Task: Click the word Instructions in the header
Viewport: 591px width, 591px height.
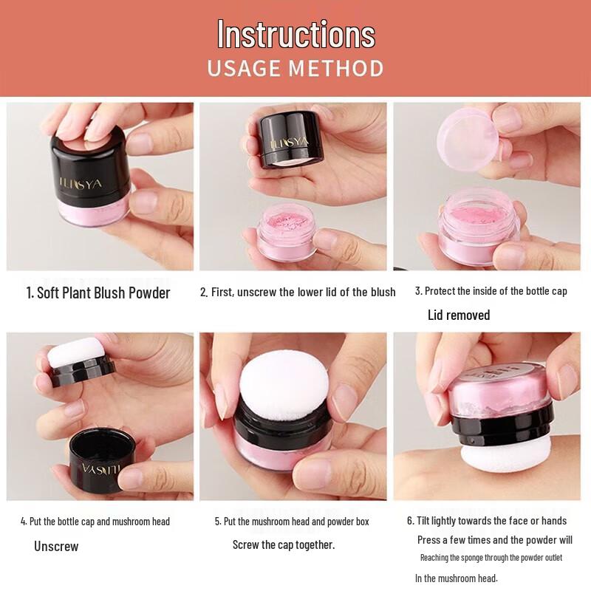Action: (x=296, y=34)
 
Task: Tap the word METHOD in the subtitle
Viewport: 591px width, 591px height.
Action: (x=336, y=68)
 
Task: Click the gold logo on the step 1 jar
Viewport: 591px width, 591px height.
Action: (x=81, y=184)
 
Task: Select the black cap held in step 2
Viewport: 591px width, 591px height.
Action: (x=290, y=140)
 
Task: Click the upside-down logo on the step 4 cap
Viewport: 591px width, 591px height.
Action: (x=101, y=469)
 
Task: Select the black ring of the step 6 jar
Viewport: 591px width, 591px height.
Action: (x=502, y=426)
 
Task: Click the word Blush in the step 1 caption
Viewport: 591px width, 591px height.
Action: (x=109, y=293)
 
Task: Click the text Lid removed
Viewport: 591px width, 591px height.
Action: (x=459, y=315)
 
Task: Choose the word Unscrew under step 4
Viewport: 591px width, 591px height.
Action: (x=56, y=546)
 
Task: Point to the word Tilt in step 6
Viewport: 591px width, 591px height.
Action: (x=423, y=521)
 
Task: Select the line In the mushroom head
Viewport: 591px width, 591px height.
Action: (x=457, y=578)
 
